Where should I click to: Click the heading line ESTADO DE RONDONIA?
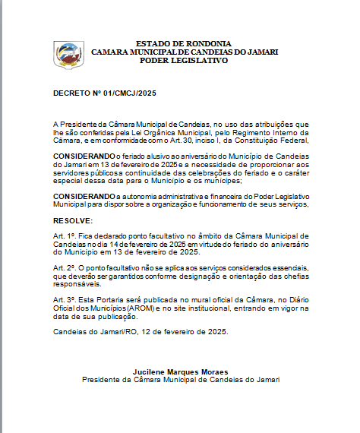point(185,43)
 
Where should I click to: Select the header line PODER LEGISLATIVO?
point(184,60)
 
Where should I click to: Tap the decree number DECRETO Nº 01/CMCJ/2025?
point(104,93)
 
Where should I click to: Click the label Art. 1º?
point(63,237)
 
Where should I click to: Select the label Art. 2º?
point(63,269)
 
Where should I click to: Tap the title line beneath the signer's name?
point(180,379)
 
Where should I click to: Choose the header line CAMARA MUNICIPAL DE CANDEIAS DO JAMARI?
point(185,52)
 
